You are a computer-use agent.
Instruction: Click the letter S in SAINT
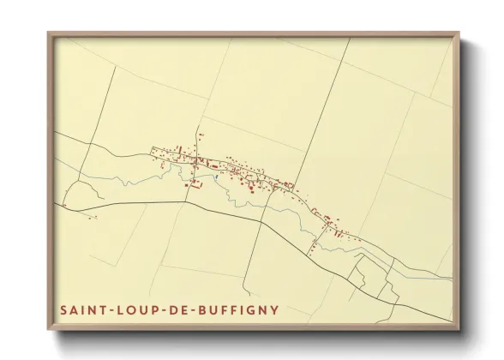[64, 309]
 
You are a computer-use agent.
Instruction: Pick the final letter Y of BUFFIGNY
[274, 309]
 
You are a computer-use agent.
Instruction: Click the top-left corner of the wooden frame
[48, 33]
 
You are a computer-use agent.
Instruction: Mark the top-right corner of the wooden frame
[459, 33]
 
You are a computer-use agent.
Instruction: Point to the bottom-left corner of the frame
[48, 330]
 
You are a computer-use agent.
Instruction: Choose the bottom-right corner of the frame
[459, 330]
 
